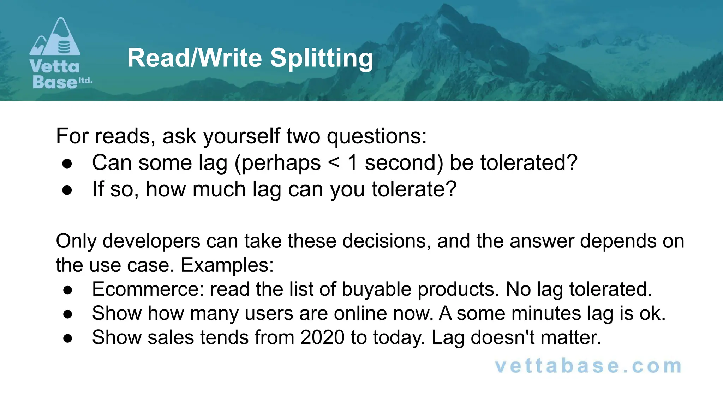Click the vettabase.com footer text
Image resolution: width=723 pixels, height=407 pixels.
tap(588, 366)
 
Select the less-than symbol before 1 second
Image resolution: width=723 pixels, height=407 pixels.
tap(334, 163)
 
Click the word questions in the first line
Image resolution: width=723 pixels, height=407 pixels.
tap(376, 136)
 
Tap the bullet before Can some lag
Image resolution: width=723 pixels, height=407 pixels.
tap(67, 164)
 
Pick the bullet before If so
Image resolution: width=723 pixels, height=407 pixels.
tap(67, 190)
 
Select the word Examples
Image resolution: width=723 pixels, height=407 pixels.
tap(227, 265)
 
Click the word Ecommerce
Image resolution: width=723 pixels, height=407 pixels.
tap(148, 289)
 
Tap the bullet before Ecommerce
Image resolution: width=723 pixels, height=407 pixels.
tap(68, 290)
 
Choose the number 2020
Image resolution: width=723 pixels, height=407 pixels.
tap(322, 337)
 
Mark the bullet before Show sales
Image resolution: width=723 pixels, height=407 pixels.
tap(68, 338)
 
